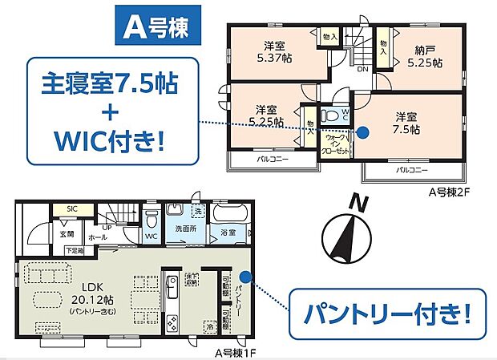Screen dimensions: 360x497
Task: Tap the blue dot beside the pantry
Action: pyautogui.click(x=245, y=278)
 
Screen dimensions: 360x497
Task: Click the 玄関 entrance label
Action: pyautogui.click(x=66, y=234)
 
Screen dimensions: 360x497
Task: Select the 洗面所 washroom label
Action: pyautogui.click(x=186, y=230)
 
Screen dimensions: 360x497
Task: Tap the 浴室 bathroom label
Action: pyautogui.click(x=227, y=232)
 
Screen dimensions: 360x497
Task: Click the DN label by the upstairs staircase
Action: pyautogui.click(x=362, y=69)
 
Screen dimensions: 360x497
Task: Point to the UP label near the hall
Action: pyautogui.click(x=106, y=228)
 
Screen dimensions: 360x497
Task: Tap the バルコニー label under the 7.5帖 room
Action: pyautogui.click(x=411, y=172)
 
